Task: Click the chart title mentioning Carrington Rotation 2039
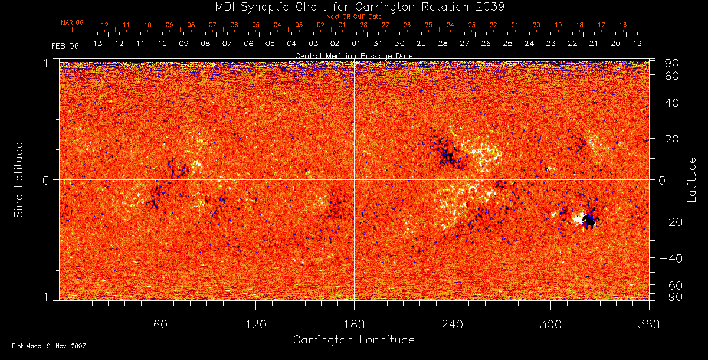coord(353,7)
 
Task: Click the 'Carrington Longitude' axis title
coord(353,340)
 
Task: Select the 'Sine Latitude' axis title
coord(19,179)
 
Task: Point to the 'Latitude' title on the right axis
coord(692,179)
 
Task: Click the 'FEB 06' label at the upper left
coord(65,45)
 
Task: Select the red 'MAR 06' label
coord(72,22)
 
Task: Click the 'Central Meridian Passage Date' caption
coord(353,55)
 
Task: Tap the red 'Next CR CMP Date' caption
coord(353,17)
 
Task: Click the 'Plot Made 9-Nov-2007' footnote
coord(49,346)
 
